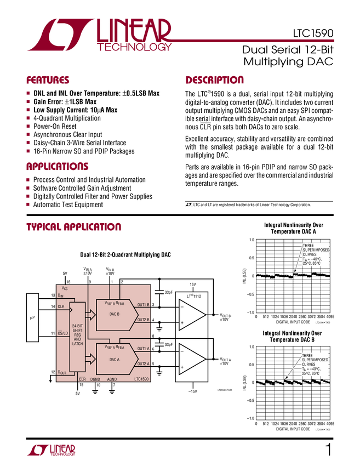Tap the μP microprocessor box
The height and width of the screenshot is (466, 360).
tap(32, 317)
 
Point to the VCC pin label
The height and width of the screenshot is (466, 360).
tap(65, 288)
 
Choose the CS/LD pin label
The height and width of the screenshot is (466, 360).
tap(62, 333)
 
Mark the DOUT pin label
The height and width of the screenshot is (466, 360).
tap(63, 372)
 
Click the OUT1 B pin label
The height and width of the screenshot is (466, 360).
tap(144, 304)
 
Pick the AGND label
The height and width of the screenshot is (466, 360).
tap(112, 379)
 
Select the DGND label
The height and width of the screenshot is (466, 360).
tap(95, 379)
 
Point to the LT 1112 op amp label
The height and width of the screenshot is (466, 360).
tap(192, 296)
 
